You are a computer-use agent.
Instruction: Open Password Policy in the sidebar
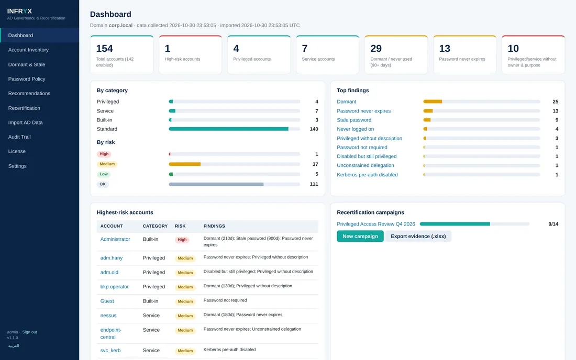click(x=27, y=79)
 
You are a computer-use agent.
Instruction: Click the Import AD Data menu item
click(x=25, y=122)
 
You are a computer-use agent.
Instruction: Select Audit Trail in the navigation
click(x=19, y=137)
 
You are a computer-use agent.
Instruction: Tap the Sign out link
click(x=29, y=332)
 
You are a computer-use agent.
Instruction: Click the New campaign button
click(x=360, y=237)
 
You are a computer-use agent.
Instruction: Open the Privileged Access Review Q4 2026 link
click(x=376, y=224)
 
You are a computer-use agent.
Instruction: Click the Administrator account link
click(x=115, y=239)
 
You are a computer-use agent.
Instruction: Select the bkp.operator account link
click(x=114, y=287)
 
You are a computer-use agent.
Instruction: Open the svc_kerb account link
click(x=110, y=351)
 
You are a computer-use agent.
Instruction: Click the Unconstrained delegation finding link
click(x=365, y=165)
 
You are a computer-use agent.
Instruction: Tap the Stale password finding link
click(x=354, y=120)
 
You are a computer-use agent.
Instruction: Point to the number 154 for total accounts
click(x=104, y=49)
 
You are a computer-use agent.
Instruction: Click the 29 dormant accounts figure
click(x=376, y=49)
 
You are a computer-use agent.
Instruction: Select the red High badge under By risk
click(x=104, y=154)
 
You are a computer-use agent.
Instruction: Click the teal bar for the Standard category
click(x=228, y=129)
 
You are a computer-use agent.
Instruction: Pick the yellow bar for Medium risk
click(x=184, y=164)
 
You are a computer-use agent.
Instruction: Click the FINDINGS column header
click(x=214, y=226)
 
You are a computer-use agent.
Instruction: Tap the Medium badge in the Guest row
click(x=185, y=301)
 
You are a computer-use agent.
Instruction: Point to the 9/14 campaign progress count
click(x=553, y=224)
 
